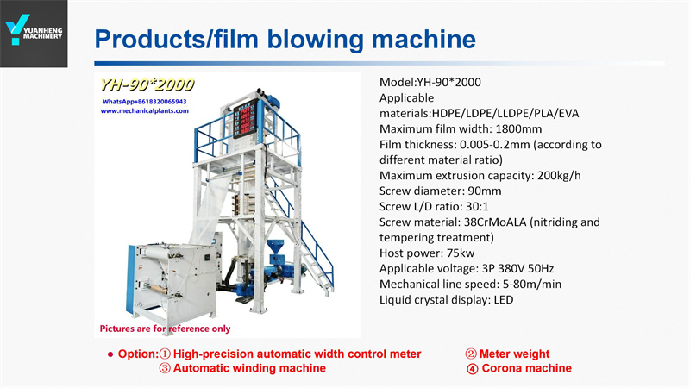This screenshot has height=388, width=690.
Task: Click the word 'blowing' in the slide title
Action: pyautogui.click(x=316, y=39)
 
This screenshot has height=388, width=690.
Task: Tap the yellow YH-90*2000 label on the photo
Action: pyautogui.click(x=147, y=84)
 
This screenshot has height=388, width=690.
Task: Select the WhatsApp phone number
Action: pyautogui.click(x=144, y=101)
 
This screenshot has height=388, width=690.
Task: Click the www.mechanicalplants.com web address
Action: pyautogui.click(x=144, y=111)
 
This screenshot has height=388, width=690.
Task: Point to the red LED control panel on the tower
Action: pyautogui.click(x=245, y=118)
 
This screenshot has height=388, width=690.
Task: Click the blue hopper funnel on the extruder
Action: pyautogui.click(x=276, y=247)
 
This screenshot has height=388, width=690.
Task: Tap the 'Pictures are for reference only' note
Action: pyautogui.click(x=165, y=329)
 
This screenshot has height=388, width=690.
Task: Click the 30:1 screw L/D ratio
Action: pyautogui.click(x=477, y=206)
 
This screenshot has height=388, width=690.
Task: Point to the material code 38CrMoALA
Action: pyautogui.click(x=495, y=222)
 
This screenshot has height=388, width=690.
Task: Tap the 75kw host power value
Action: pyautogui.click(x=461, y=253)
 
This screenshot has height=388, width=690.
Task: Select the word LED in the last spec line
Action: pyautogui.click(x=504, y=300)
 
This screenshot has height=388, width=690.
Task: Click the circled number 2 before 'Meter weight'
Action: pyautogui.click(x=471, y=354)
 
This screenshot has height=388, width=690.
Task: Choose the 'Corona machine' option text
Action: pyautogui.click(x=527, y=368)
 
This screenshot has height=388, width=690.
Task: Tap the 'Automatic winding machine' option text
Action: pyautogui.click(x=249, y=368)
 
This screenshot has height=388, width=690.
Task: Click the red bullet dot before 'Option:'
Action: pyautogui.click(x=110, y=354)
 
